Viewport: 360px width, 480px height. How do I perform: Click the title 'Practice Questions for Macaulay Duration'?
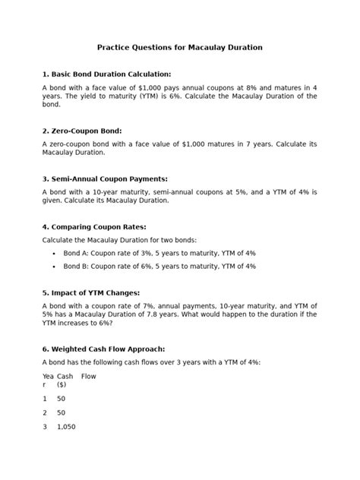pyautogui.click(x=179, y=47)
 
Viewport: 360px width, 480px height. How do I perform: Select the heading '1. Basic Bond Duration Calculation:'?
pyautogui.click(x=107, y=74)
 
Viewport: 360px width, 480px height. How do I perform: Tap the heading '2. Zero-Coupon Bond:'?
pyautogui.click(x=82, y=131)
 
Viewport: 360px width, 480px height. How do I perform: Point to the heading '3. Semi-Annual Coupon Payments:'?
pyautogui.click(x=105, y=178)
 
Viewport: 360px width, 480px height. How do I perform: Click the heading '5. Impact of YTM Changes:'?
pyautogui.click(x=91, y=292)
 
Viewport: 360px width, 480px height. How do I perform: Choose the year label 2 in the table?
pyautogui.click(x=45, y=412)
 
